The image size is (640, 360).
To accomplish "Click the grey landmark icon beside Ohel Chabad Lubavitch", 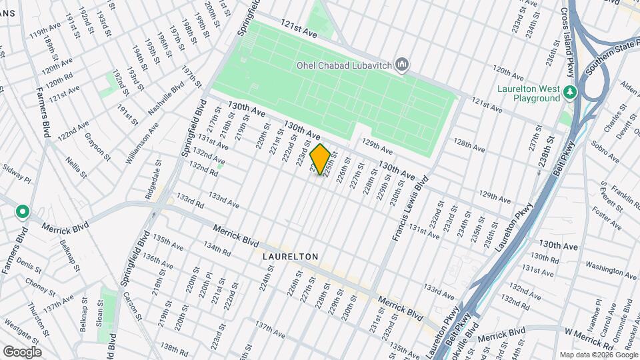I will (401, 65).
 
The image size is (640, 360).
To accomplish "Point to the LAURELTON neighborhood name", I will (289, 256).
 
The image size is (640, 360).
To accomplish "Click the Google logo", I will (22, 351).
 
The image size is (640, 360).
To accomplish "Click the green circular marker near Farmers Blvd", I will (23, 212).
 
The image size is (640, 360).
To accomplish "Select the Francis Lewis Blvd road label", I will (409, 208).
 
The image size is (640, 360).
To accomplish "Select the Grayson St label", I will (97, 146).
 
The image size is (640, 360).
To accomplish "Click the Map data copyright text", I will (597, 354).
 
